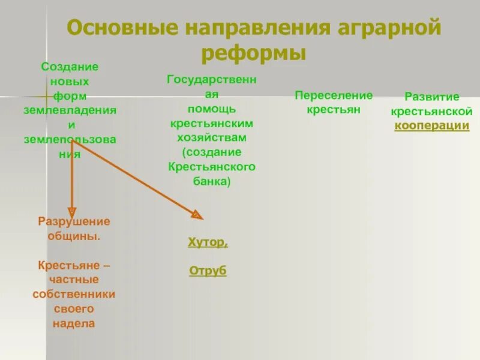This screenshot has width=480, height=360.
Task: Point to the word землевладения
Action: point(70,111)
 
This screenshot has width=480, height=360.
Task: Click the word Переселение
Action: point(334,95)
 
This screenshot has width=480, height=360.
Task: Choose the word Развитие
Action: point(431,97)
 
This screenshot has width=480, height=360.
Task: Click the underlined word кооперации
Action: point(431,126)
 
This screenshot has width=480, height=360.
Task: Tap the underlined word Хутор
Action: point(208,243)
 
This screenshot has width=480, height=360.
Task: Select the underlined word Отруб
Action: point(208,271)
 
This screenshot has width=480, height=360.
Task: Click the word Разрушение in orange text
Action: point(74,222)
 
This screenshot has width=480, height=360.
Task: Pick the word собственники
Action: point(74,295)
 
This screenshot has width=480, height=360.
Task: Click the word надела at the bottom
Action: point(74,323)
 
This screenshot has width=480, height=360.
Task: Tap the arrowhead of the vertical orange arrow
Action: point(72,211)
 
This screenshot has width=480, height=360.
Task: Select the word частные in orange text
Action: point(74,280)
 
